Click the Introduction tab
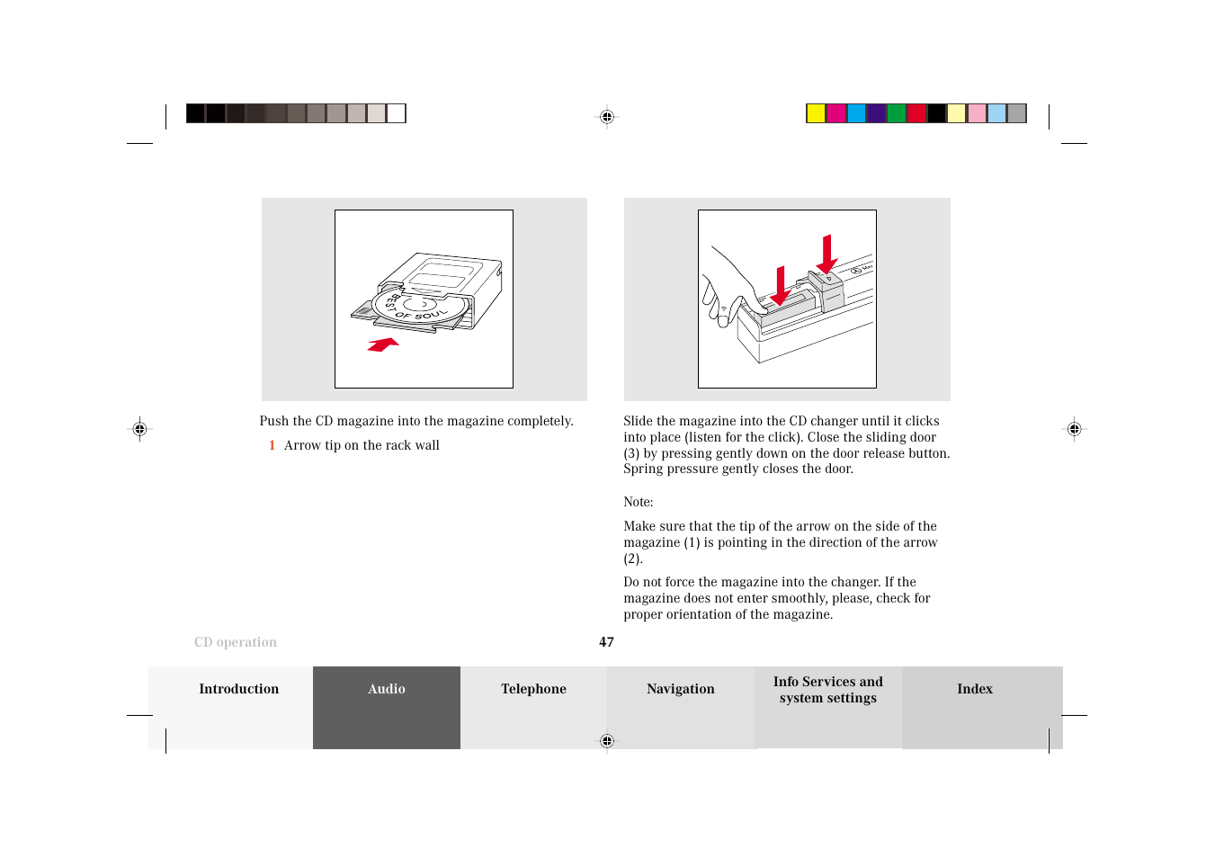[x=238, y=689]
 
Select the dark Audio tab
[x=387, y=689]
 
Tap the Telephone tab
[x=533, y=689]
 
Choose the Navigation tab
[x=680, y=689]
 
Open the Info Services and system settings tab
[x=827, y=690]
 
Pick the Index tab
[x=974, y=689]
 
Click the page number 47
[x=606, y=642]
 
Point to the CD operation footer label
[x=236, y=642]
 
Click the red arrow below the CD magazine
[x=383, y=344]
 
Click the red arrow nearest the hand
[x=781, y=286]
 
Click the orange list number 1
[x=272, y=445]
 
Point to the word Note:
[x=638, y=502]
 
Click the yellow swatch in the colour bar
[x=816, y=113]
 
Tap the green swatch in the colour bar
[x=897, y=113]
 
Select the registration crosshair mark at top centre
[x=607, y=117]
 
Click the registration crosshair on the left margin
[x=139, y=429]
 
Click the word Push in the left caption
[x=273, y=421]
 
